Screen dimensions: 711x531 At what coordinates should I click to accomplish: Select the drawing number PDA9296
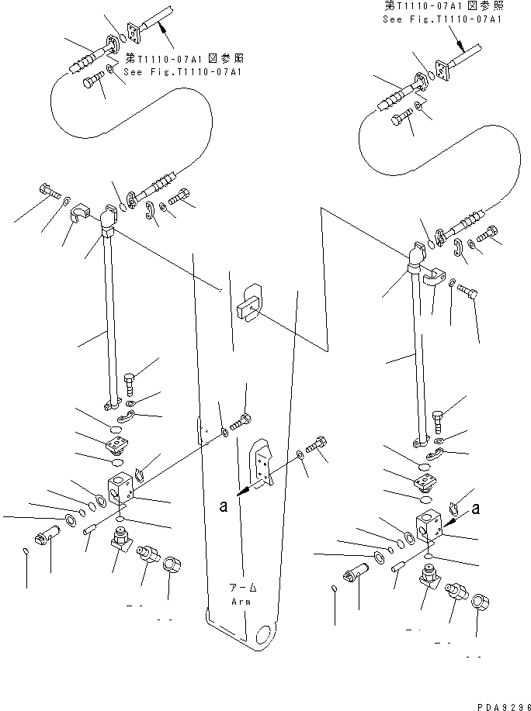tap(498, 702)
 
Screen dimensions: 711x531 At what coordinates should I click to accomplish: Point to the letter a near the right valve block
tap(476, 509)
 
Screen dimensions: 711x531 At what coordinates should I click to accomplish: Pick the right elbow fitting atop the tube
tap(415, 256)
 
